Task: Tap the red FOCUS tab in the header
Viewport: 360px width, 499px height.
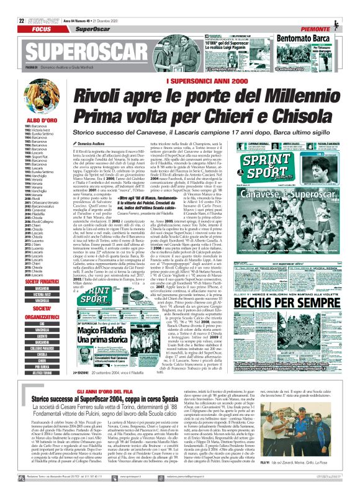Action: pos(42,29)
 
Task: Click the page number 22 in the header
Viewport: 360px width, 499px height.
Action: pos(22,21)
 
